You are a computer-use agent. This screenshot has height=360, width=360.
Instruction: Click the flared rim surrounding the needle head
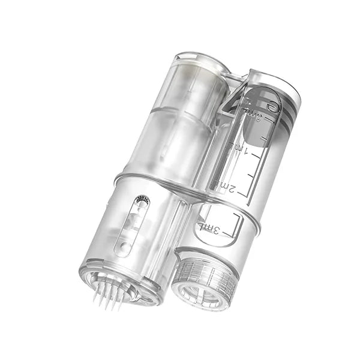click(117, 282)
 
